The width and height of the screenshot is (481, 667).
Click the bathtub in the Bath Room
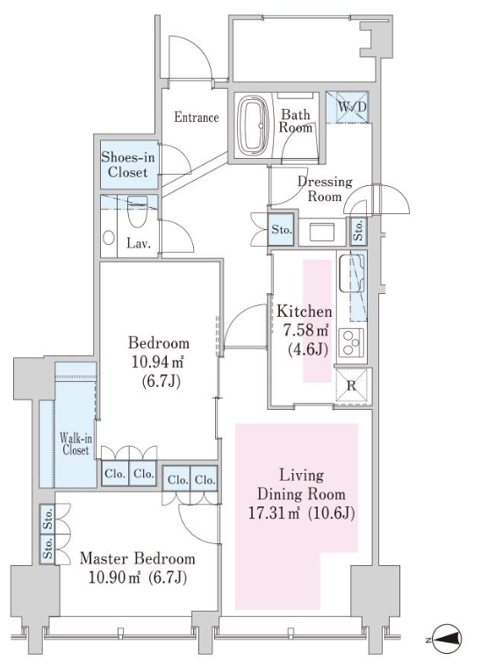point(253,126)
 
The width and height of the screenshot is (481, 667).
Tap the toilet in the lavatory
point(137,212)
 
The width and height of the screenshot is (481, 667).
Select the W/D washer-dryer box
point(348,107)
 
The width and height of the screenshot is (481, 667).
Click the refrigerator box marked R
point(351,385)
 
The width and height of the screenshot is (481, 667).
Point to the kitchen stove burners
point(351,343)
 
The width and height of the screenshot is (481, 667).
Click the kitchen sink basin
point(352,273)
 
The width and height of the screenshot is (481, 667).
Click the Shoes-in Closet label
point(127,165)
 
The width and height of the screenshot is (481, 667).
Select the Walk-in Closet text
point(75,444)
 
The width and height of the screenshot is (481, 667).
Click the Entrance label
point(197,117)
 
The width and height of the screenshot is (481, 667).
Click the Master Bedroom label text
point(138,558)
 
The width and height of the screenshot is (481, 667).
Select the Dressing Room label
point(325,189)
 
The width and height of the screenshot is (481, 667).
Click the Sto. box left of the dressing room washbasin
point(281,230)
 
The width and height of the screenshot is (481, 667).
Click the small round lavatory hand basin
point(109,237)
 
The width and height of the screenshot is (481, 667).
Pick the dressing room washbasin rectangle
point(322,233)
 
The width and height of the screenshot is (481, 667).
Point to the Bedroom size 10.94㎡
point(157,362)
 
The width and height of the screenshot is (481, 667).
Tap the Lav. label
point(138,244)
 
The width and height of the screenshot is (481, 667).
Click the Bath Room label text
point(296,121)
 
